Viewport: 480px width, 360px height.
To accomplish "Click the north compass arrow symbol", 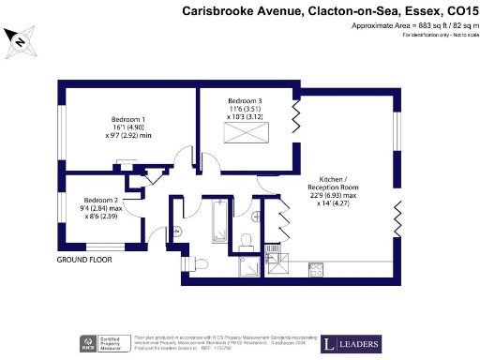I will [x=18, y=38].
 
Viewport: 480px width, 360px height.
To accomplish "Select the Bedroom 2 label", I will [x=100, y=200].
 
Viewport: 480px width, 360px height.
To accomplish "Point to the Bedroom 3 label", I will [x=246, y=100].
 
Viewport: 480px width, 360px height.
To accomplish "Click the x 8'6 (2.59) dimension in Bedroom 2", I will [x=100, y=217].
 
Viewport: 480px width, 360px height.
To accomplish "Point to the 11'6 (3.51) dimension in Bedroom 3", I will [x=245, y=110].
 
